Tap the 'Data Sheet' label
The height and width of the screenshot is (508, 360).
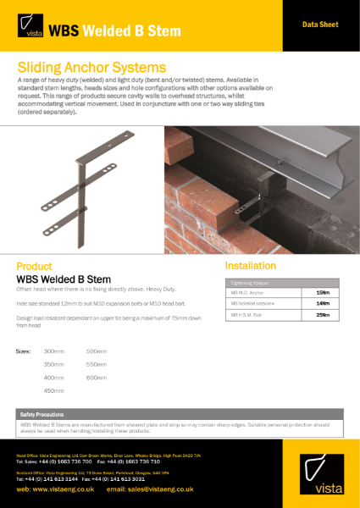(x=320, y=25)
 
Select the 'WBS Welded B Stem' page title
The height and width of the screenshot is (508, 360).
(x=114, y=31)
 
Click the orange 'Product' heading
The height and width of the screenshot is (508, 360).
(x=35, y=266)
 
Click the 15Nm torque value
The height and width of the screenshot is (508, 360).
(x=321, y=291)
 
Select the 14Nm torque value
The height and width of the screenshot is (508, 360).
(x=321, y=302)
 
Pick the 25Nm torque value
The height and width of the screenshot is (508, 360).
(x=321, y=314)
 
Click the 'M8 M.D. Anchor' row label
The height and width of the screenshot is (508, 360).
(x=246, y=291)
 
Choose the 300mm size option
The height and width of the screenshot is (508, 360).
(x=53, y=351)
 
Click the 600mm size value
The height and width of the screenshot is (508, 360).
(x=97, y=377)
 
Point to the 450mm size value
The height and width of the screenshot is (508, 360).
(x=53, y=390)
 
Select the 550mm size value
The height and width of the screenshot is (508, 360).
(x=97, y=364)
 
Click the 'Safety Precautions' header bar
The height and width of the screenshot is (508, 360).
(x=180, y=413)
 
